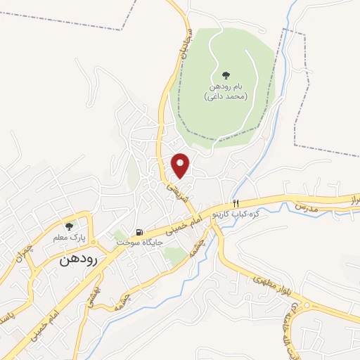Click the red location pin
pos(181,165)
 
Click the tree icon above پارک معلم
pos(69,226)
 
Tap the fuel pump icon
pos(140,232)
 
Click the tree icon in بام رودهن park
pos(225,75)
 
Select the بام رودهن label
pos(226,86)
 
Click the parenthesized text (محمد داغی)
pos(225,96)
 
